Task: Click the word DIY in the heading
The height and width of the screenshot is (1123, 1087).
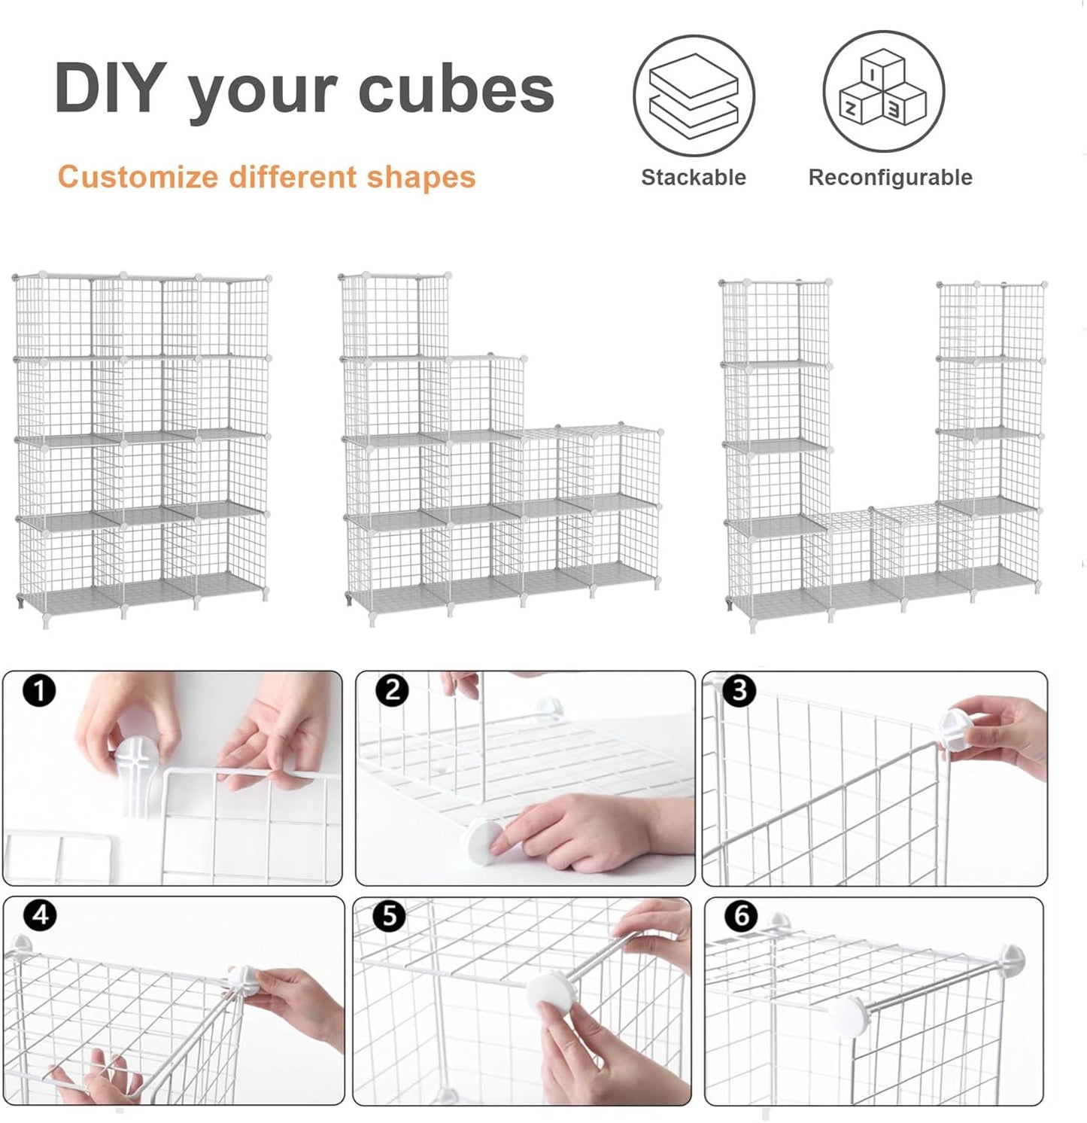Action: point(110,88)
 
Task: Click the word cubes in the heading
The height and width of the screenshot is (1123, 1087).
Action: point(456,90)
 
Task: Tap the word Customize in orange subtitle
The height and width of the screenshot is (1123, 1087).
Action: point(138,178)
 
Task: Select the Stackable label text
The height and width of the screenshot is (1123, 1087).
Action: point(693,178)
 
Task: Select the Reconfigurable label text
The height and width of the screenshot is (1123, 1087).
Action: point(890,178)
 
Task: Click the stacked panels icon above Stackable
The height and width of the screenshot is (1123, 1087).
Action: point(694,96)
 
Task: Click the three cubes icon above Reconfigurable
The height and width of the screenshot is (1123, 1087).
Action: point(883,92)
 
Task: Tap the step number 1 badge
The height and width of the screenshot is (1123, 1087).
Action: point(39,690)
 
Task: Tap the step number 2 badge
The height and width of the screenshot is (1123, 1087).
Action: point(392,690)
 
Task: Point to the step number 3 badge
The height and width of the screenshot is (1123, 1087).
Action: point(739,690)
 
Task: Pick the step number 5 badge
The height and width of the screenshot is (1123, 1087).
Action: point(389,916)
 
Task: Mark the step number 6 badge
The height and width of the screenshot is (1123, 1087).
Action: point(741,916)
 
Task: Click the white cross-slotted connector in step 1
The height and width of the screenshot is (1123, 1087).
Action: point(138,768)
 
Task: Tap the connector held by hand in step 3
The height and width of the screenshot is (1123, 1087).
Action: point(958,731)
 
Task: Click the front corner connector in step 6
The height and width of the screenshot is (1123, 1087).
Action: point(849,1015)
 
